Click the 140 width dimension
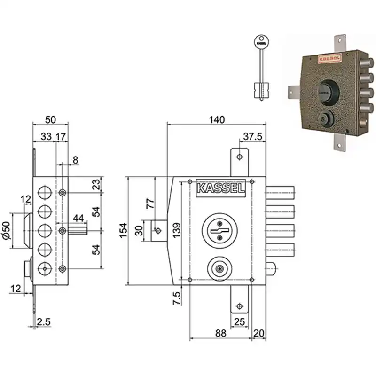pos(217,119)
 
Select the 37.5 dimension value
pos(253,136)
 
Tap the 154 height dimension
pos(123,230)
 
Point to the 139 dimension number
pos(177,230)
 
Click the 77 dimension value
pos(150,204)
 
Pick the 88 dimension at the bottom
pos(220,333)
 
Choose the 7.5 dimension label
pos(177,298)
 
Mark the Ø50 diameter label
pos(7,230)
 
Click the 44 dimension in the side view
pos(78,218)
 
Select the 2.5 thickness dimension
pos(44,322)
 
